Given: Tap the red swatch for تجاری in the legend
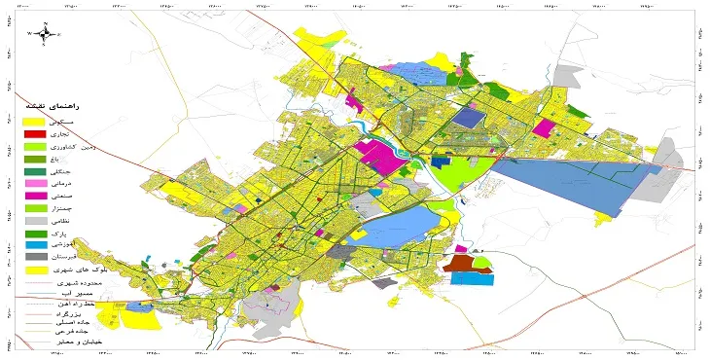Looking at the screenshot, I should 35,132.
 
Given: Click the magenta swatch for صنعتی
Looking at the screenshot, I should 35,196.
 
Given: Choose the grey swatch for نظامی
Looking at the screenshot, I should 35,221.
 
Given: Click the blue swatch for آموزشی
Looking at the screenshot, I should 35,246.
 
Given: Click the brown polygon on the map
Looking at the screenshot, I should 456,263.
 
